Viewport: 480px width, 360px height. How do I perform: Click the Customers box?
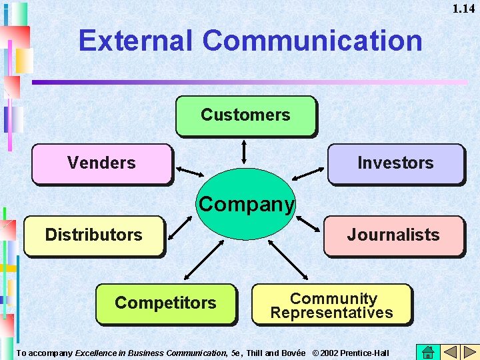click(245, 115)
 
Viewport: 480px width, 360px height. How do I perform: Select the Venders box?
click(101, 163)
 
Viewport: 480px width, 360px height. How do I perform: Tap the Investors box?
click(395, 163)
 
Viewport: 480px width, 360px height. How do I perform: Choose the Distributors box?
click(93, 235)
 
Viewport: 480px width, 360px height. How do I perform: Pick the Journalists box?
click(393, 235)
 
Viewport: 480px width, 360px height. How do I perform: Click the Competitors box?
click(165, 303)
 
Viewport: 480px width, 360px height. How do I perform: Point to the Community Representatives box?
click(331, 305)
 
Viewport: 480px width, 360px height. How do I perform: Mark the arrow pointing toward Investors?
click(307, 174)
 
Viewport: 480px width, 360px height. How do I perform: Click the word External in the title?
click(135, 41)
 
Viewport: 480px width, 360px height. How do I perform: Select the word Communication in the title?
click(313, 41)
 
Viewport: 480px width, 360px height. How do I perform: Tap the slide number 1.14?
click(463, 9)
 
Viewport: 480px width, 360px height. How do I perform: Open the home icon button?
click(428, 352)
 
